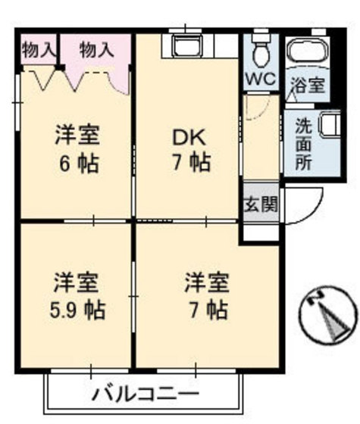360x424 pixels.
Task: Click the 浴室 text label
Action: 309,86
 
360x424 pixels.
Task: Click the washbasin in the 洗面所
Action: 328,124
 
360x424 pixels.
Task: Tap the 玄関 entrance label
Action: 261,204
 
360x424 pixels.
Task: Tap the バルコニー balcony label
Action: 146,394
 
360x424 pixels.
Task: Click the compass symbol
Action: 328,316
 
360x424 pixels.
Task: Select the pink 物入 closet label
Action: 97,50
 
